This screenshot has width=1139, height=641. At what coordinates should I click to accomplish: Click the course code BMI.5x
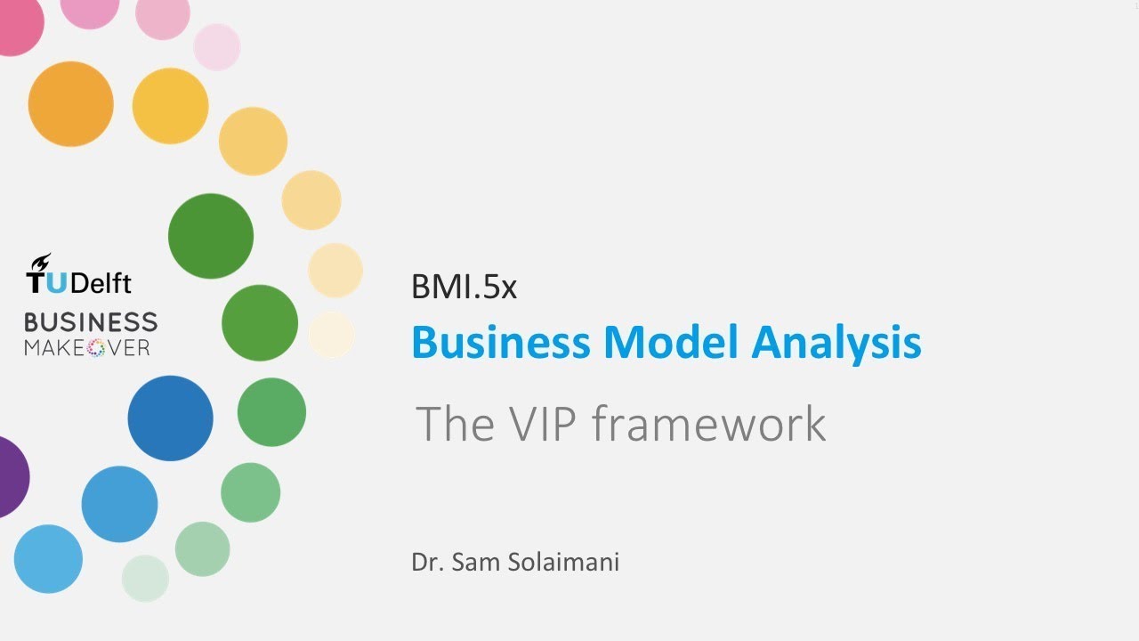(x=464, y=287)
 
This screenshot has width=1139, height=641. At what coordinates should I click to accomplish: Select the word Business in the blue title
(x=501, y=343)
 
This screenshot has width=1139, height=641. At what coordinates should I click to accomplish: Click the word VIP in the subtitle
(x=537, y=424)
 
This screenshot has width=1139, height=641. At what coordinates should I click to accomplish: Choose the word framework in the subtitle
(x=709, y=424)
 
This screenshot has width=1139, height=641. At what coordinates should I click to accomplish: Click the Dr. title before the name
(x=426, y=563)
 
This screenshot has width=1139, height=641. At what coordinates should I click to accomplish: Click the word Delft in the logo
(x=101, y=283)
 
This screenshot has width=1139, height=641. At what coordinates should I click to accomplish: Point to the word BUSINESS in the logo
(x=91, y=322)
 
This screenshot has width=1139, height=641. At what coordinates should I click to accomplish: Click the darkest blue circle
(x=170, y=418)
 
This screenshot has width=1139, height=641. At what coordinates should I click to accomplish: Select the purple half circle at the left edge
(x=11, y=477)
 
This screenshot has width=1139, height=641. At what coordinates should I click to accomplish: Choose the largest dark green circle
(x=211, y=236)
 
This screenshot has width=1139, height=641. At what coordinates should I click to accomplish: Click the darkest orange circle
(x=71, y=104)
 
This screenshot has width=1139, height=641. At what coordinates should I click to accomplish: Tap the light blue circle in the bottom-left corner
(x=48, y=559)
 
